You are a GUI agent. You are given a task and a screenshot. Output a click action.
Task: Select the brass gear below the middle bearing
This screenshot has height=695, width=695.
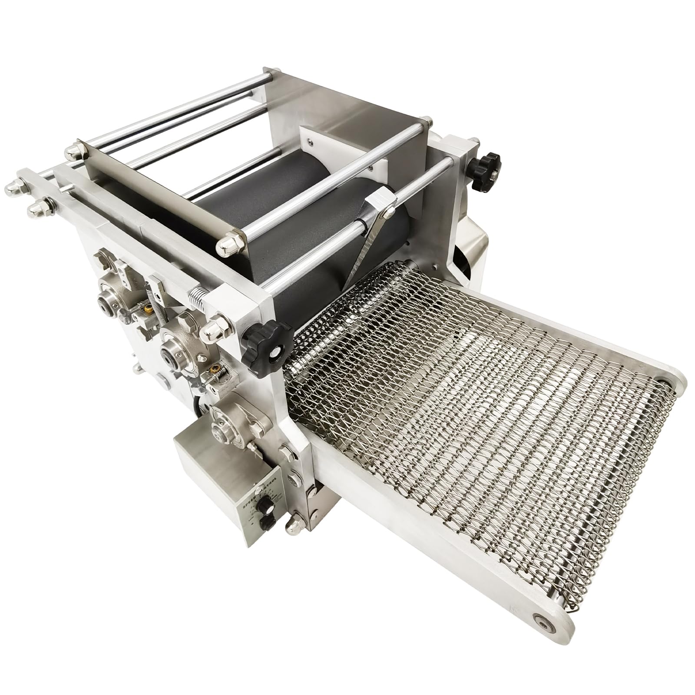214,371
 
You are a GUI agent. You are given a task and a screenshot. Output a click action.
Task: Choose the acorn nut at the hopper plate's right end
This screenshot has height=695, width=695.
227,248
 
